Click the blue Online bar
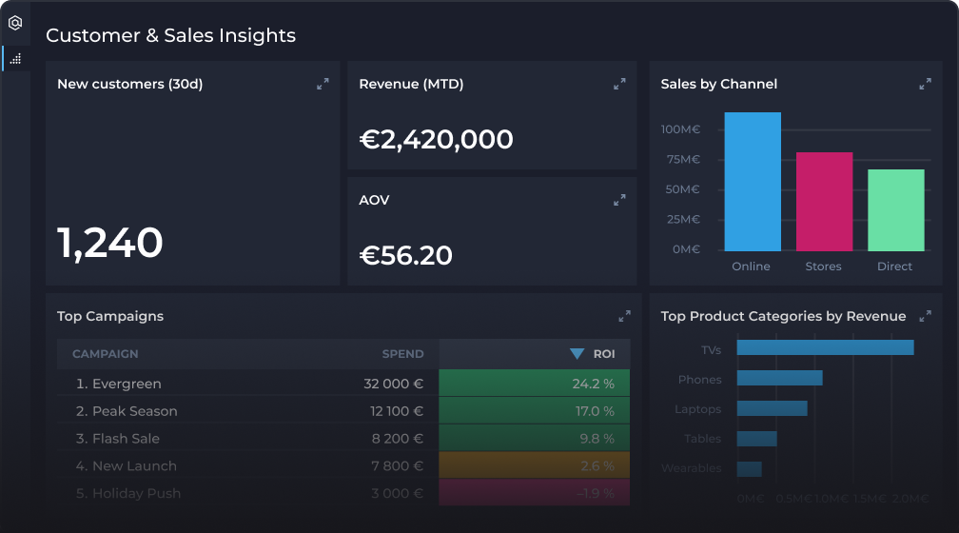click(x=753, y=182)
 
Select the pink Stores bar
click(x=824, y=202)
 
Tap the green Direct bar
click(x=895, y=210)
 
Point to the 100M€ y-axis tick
click(x=680, y=129)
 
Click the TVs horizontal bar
click(x=825, y=347)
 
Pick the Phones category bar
click(x=779, y=378)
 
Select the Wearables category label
click(x=692, y=468)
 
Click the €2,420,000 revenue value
click(x=436, y=140)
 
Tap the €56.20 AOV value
click(x=405, y=255)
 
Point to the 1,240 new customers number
click(x=110, y=243)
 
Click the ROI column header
click(x=604, y=354)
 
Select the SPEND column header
click(x=402, y=354)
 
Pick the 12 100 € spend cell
click(x=397, y=411)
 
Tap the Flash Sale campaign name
click(x=125, y=439)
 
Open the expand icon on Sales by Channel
click(x=925, y=84)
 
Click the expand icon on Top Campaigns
click(x=624, y=316)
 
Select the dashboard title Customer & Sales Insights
click(x=170, y=35)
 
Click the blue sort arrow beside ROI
click(x=577, y=354)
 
